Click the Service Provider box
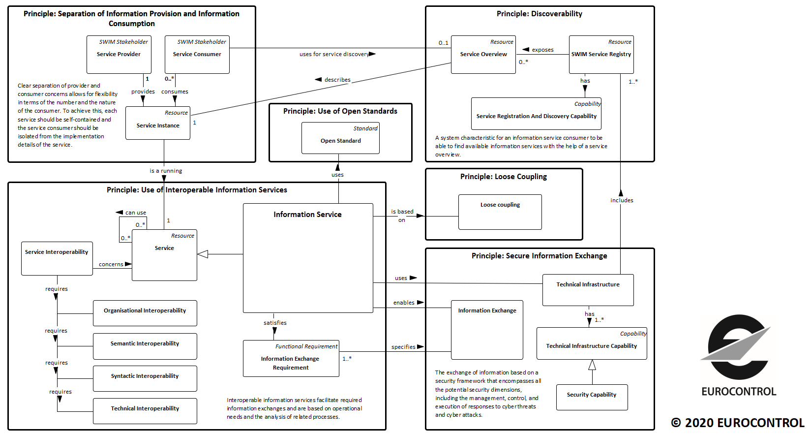click(119, 55)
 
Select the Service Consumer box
click(197, 55)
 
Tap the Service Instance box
click(158, 123)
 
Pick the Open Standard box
click(341, 138)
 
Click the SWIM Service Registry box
click(601, 55)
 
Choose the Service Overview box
click(483, 55)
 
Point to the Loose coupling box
click(500, 212)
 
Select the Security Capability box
click(592, 397)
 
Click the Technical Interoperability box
click(145, 411)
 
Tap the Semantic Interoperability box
click(145, 346)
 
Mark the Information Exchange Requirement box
click(291, 358)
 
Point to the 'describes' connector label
click(337, 80)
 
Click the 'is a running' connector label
click(166, 171)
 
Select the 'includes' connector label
click(622, 200)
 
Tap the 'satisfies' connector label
click(275, 323)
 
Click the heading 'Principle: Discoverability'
click(540, 14)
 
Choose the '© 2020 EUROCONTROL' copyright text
click(738, 423)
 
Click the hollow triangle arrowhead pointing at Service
click(203, 254)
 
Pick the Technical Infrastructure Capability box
click(592, 343)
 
